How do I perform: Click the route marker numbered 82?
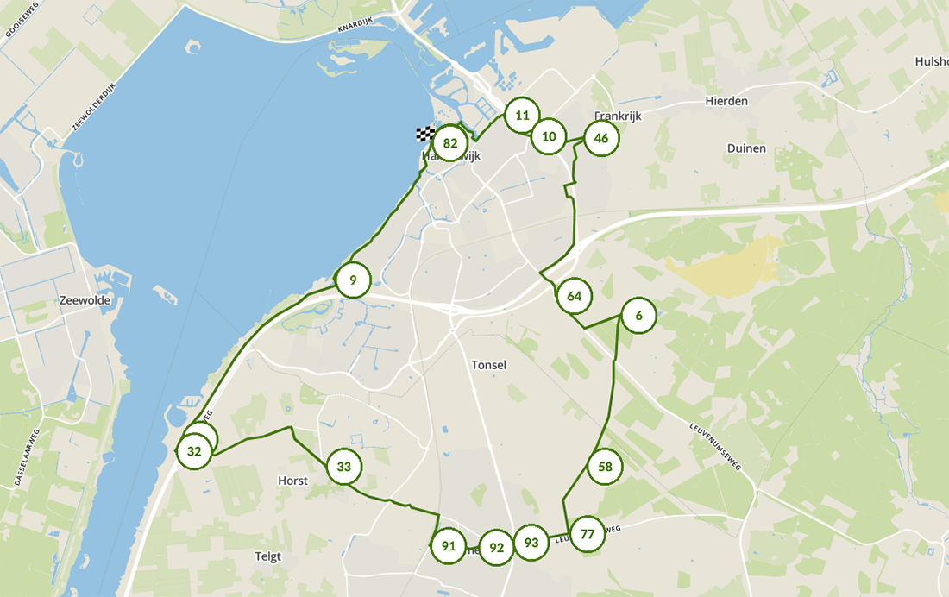coord(449,143)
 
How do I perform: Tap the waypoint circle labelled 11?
coord(522,115)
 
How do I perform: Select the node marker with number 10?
coord(549,136)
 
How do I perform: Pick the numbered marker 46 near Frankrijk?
coord(601,138)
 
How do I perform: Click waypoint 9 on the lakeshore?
coord(353,280)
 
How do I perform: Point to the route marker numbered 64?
coord(574,296)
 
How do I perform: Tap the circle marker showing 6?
coord(638,316)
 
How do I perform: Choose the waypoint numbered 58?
coord(605,467)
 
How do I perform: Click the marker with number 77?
coord(588,533)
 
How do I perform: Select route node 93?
coord(531,543)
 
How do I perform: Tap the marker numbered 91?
coord(448,546)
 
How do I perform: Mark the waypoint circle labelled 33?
coord(344,467)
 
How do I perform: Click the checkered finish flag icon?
coord(425,134)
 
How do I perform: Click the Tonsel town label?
coord(489,365)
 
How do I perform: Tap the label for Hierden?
coord(726,101)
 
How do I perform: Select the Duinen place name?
coord(746,148)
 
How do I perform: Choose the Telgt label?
coord(268,556)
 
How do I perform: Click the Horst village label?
coord(292,481)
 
